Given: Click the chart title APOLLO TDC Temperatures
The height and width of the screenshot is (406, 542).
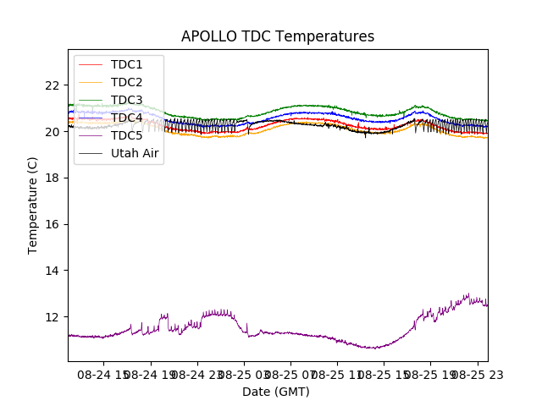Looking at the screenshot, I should tap(277, 36).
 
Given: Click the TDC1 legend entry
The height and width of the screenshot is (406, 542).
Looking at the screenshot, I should tap(126, 64).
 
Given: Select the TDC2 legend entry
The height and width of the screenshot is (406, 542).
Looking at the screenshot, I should tap(126, 82).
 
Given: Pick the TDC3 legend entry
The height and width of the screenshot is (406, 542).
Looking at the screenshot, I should tap(126, 100).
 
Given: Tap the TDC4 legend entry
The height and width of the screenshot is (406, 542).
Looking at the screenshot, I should tap(126, 118).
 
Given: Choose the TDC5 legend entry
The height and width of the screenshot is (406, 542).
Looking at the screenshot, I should tap(126, 135).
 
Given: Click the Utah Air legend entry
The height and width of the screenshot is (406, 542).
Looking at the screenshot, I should tap(135, 153).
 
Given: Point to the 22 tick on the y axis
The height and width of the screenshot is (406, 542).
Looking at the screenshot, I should tap(53, 85).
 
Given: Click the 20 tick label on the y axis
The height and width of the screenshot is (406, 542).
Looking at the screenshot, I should tap(53, 132).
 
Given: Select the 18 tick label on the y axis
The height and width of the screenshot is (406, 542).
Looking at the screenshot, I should tap(53, 178).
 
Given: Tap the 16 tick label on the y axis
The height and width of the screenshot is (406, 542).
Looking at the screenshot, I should tap(53, 224).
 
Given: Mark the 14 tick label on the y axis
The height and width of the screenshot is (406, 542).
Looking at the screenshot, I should tap(53, 271).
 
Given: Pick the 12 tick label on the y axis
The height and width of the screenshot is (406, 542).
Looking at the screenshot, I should tap(53, 317).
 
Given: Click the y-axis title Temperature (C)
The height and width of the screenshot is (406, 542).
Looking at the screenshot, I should tap(33, 205).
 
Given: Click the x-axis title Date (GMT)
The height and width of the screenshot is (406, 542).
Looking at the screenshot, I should tap(276, 392).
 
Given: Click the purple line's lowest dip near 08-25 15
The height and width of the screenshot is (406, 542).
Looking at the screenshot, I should tap(373, 348).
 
